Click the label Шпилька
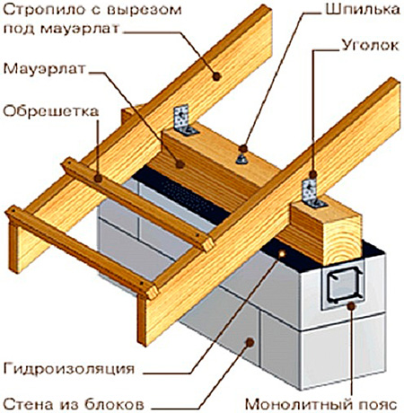tap(362, 10)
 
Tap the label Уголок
tap(370, 46)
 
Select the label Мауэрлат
tap(44, 69)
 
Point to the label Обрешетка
tap(51, 111)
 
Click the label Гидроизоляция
tap(69, 369)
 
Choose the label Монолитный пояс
tap(321, 405)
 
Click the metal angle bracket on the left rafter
tap(184, 120)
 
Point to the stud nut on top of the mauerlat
tap(242, 159)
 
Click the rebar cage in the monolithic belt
tap(345, 285)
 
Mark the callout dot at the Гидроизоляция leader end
tap(282, 254)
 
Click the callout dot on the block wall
tap(250, 342)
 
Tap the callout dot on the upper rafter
tap(216, 76)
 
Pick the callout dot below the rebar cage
tap(351, 306)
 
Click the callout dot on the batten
tap(98, 179)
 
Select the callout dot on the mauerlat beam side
tap(180, 164)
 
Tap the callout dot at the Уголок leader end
tap(313, 174)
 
